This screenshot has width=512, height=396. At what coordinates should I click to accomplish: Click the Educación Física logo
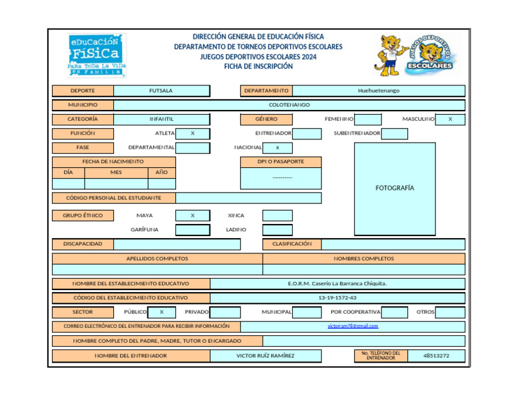point(97,55)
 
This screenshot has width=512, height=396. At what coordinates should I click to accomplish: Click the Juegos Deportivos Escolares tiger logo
point(416,55)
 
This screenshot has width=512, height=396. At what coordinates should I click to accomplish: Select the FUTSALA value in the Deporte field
point(161,91)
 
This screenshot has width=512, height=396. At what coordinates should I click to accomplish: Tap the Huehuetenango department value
point(378,91)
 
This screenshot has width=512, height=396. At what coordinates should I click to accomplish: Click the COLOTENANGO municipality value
point(289,105)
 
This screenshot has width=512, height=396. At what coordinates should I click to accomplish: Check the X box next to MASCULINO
point(450,119)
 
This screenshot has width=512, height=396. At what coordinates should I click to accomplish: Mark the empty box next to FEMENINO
point(368,119)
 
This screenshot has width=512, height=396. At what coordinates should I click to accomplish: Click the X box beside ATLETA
point(193,133)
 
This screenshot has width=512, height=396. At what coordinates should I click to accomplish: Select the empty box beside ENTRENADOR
point(307,133)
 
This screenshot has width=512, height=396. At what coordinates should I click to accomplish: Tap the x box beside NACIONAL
point(277,147)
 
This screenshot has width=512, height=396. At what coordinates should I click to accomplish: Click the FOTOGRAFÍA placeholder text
point(395,188)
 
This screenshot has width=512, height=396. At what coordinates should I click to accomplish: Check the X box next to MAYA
point(192,215)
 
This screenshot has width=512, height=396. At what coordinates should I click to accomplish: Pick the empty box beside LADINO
point(277,229)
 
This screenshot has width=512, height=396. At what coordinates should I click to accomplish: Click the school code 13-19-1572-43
point(337,298)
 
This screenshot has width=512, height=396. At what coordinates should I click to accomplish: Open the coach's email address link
point(353,326)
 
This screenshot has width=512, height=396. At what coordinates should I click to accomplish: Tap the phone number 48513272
point(436,355)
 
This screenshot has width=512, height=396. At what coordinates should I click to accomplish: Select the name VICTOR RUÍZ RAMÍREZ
point(265,355)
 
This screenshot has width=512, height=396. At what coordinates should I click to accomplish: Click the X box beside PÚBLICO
point(161,312)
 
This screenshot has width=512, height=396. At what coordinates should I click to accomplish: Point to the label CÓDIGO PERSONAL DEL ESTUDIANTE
point(113,198)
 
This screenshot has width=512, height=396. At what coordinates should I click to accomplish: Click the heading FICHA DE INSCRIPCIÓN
point(258,67)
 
